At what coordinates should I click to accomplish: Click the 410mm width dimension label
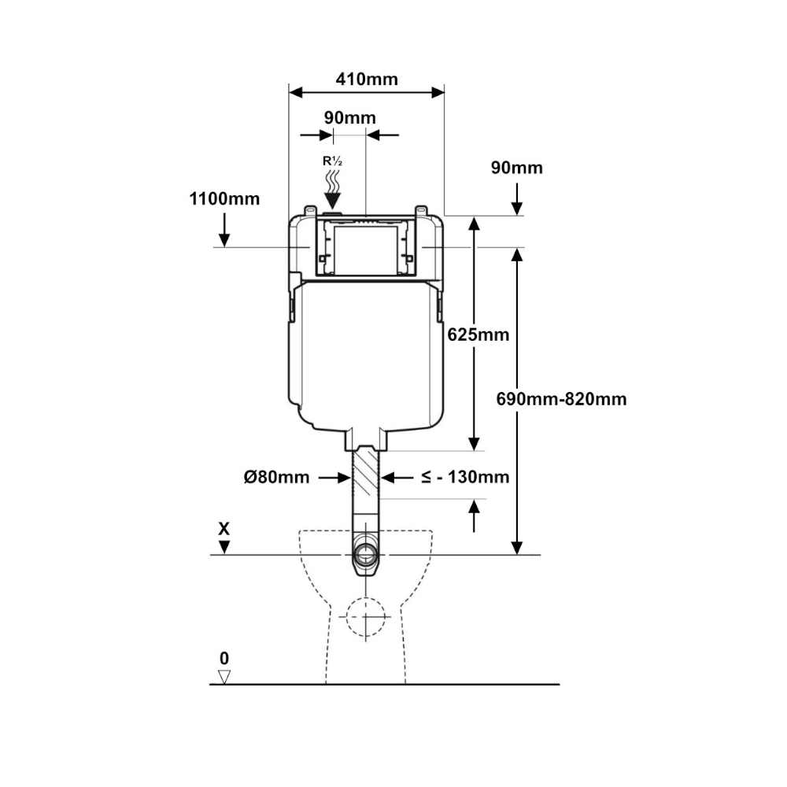pyautogui.click(x=367, y=79)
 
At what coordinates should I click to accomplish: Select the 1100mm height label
pyautogui.click(x=224, y=199)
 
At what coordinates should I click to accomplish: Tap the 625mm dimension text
pyautogui.click(x=478, y=334)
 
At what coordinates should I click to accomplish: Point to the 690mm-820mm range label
pyautogui.click(x=561, y=399)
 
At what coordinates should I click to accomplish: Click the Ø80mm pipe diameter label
pyautogui.click(x=276, y=477)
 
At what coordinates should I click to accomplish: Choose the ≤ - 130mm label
pyautogui.click(x=465, y=476)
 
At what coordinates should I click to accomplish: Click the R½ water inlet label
pyautogui.click(x=332, y=161)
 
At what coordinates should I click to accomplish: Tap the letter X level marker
pyautogui.click(x=224, y=529)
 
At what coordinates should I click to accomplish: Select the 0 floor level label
pyautogui.click(x=224, y=658)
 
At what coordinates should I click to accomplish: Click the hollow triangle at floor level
pyautogui.click(x=224, y=677)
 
